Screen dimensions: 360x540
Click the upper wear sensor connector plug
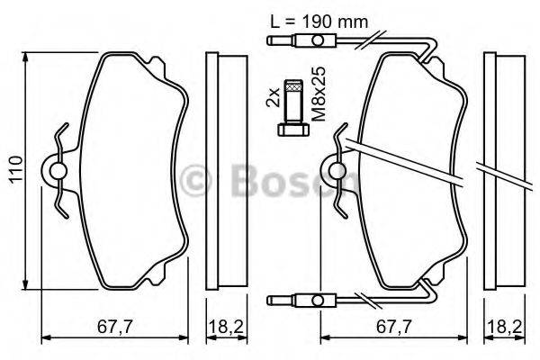click(x=316, y=41)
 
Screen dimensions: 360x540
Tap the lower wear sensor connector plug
click(x=316, y=299)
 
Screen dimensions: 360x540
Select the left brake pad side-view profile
click(x=225, y=171)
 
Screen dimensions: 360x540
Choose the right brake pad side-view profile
click(x=505, y=171)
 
